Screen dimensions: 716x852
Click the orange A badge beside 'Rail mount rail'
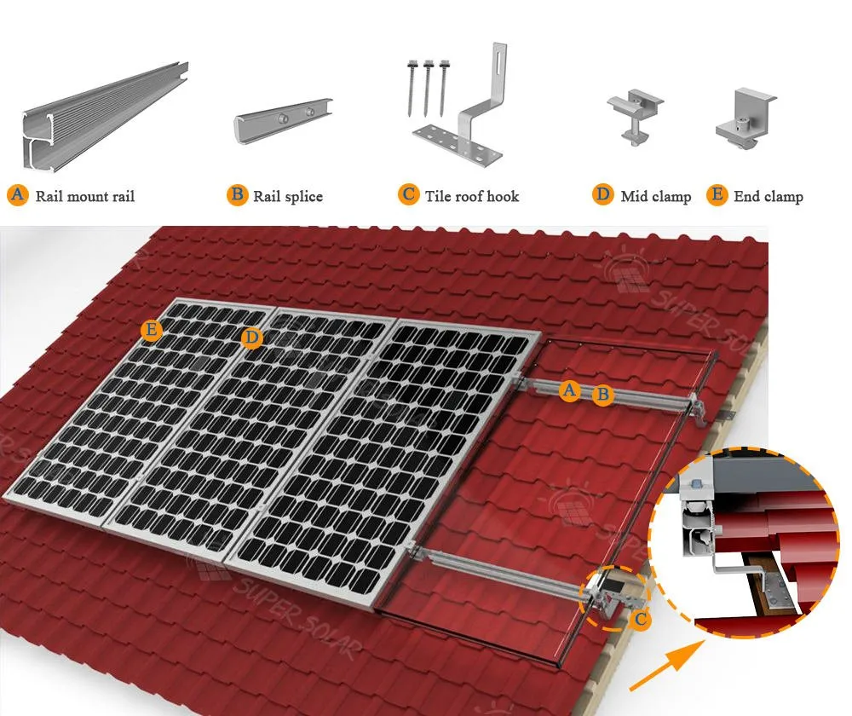(17, 195)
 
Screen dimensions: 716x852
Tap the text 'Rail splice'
(288, 197)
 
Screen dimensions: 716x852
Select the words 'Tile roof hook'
(471, 197)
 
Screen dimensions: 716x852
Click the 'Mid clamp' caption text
(655, 197)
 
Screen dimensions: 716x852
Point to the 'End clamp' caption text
(768, 197)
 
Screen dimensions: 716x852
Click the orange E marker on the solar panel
(152, 331)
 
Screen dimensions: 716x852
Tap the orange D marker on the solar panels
(250, 338)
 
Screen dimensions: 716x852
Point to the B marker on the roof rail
(603, 395)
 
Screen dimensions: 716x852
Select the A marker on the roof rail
(570, 390)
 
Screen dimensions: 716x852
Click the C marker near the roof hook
(640, 620)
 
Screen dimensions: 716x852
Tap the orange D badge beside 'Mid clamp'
(603, 195)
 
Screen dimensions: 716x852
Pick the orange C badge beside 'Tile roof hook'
(409, 195)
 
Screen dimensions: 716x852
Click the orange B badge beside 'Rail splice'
(237, 195)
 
